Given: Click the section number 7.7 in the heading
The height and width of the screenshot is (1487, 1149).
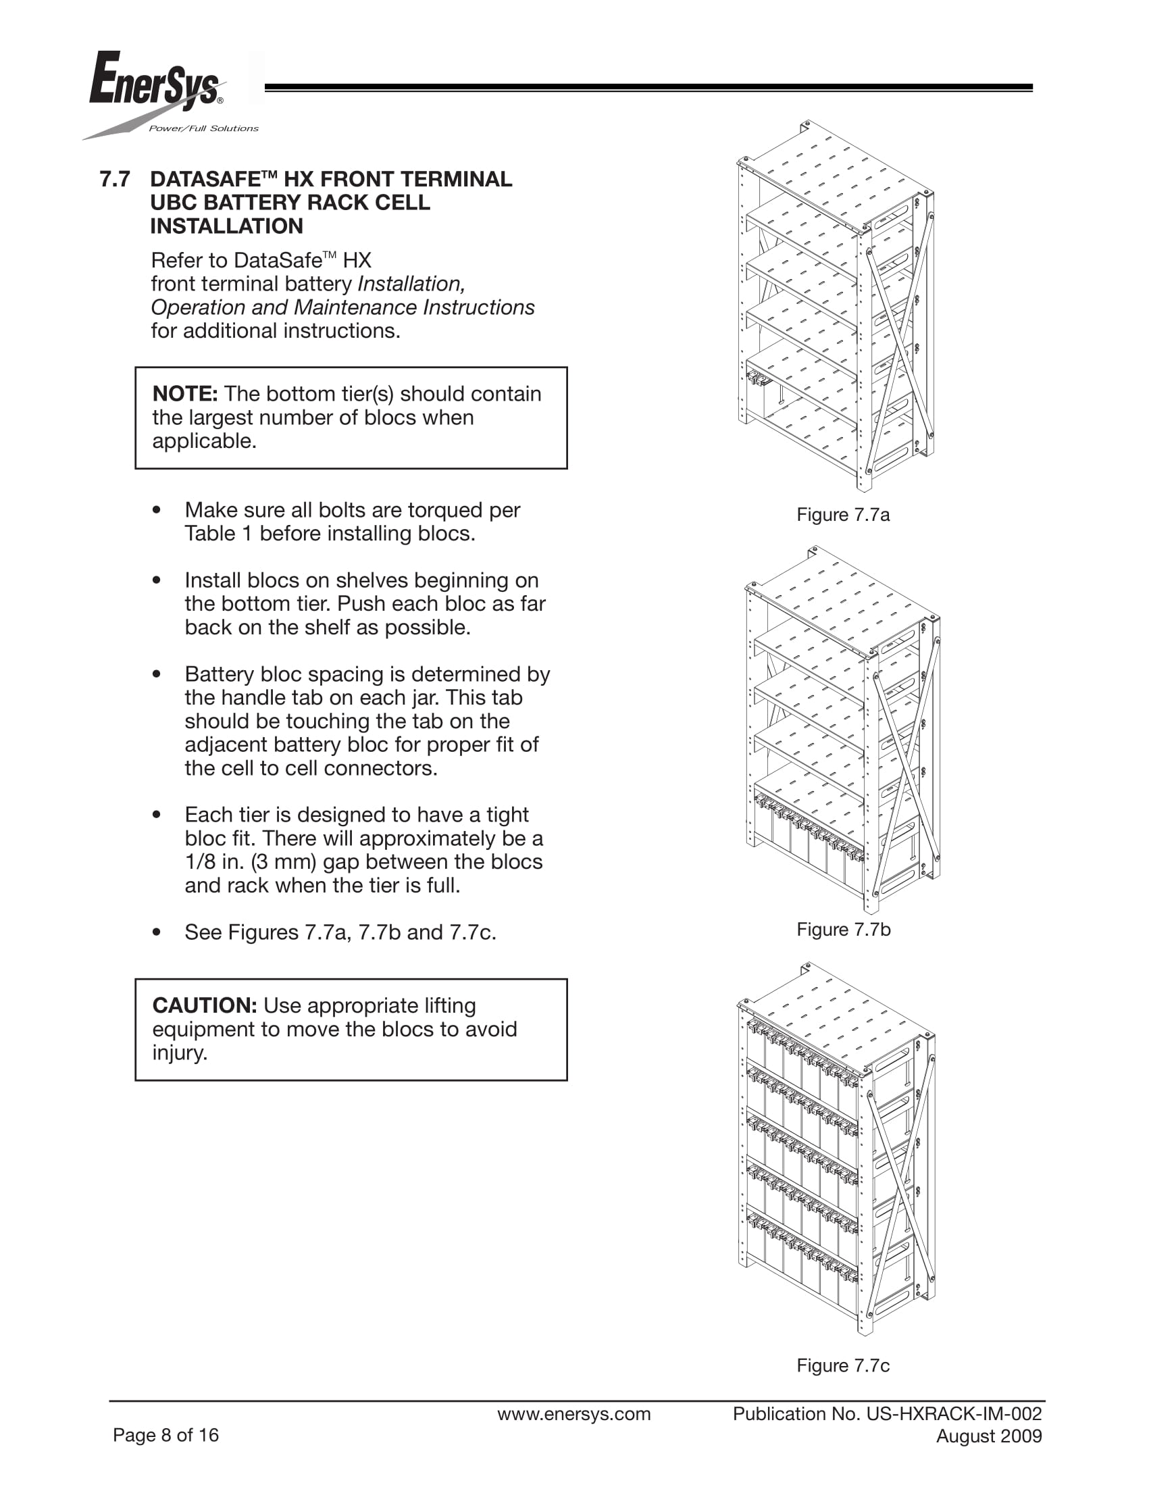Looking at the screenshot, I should [x=114, y=179].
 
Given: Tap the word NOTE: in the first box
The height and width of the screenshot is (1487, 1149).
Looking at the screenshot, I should [x=185, y=393].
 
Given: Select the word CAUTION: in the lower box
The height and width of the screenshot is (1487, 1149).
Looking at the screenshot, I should [x=204, y=1005].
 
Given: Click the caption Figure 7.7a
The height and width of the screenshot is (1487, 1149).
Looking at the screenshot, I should [x=843, y=515].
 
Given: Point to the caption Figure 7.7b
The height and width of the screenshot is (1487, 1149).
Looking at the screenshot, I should [x=843, y=930].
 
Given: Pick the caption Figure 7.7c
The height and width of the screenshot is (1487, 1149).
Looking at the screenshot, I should [x=843, y=1365].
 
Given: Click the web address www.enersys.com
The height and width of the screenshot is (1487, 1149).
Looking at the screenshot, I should [x=573, y=1414].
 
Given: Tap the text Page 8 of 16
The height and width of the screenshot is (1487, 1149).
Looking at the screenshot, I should [x=165, y=1435].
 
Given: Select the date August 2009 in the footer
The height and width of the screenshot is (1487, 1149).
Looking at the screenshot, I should [x=988, y=1436].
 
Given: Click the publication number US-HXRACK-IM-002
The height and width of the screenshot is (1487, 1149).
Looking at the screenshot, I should [x=954, y=1414].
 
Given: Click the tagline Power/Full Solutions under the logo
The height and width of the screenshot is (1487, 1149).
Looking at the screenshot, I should [x=203, y=128].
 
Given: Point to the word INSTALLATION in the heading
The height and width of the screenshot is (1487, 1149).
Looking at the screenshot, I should [x=227, y=226].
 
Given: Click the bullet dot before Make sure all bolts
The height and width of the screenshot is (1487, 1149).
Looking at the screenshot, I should [x=157, y=510].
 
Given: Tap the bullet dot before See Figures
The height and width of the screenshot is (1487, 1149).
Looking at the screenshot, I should [x=157, y=932].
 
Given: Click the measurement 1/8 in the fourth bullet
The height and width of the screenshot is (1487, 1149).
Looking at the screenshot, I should [x=200, y=862].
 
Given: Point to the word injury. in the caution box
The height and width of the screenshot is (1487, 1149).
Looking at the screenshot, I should [x=180, y=1053].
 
